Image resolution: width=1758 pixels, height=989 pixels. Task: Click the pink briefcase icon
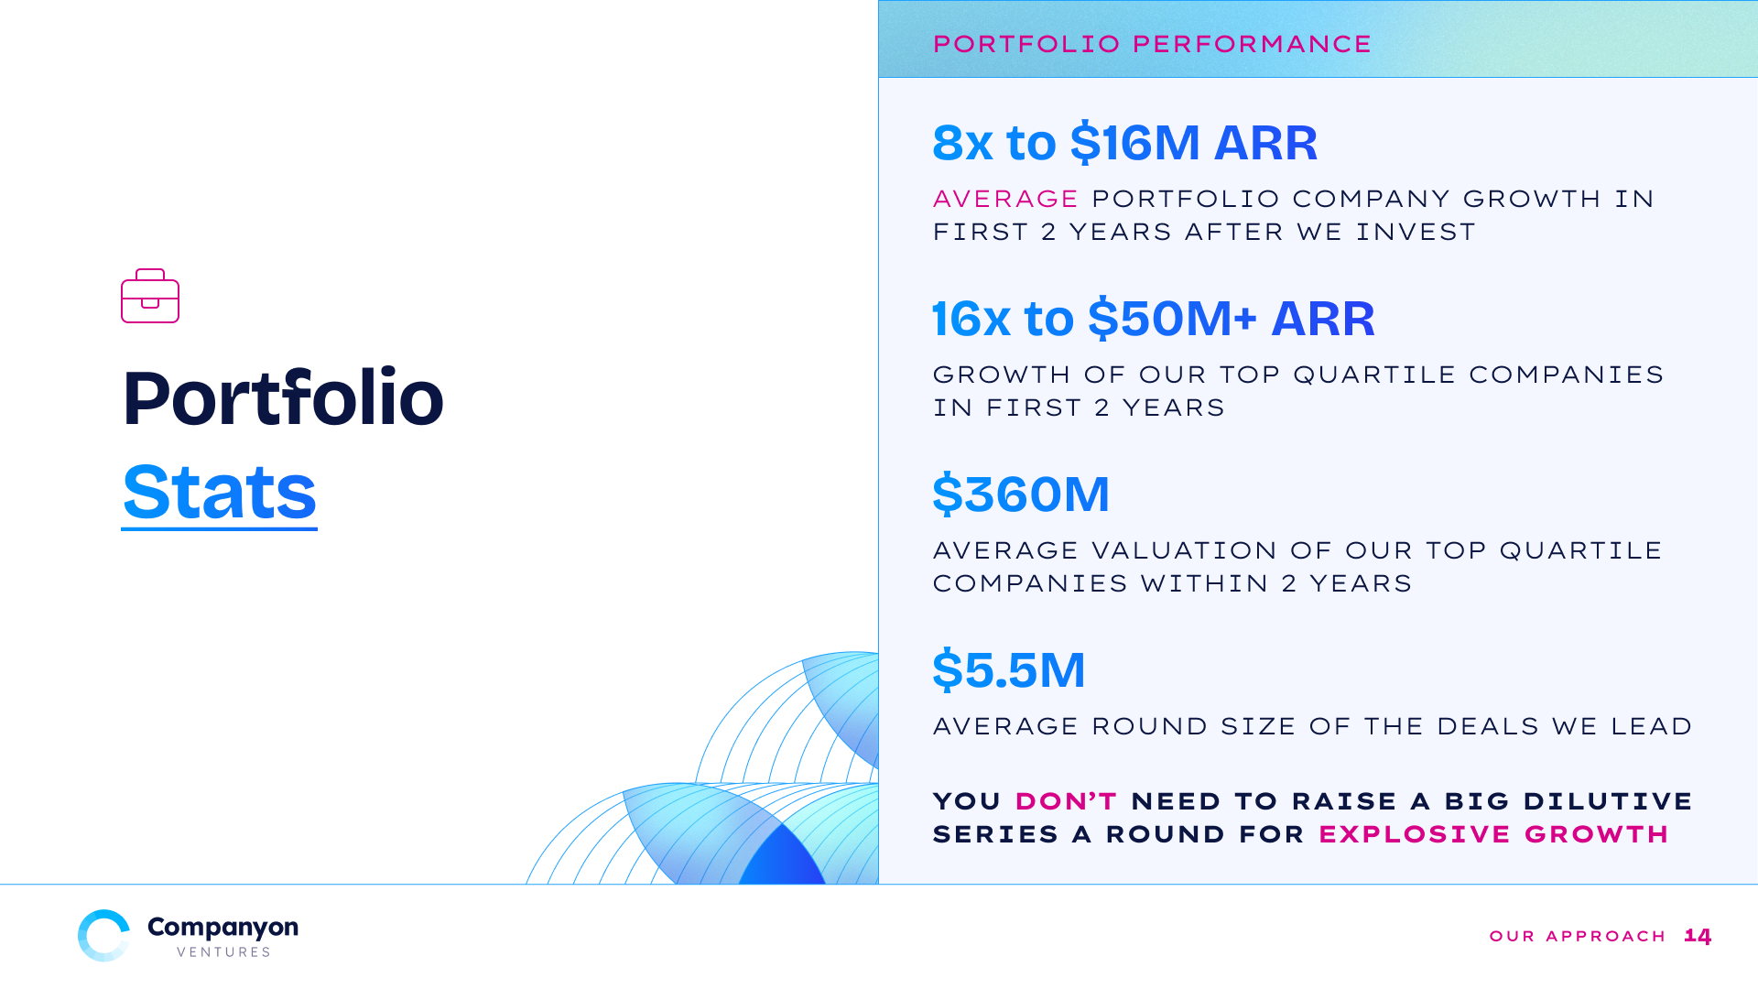150,296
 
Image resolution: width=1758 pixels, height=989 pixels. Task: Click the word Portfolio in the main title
283,397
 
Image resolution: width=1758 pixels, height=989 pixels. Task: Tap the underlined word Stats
220,493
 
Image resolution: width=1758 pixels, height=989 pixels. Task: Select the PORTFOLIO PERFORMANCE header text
1152,44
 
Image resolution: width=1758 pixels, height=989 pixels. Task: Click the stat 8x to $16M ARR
1125,143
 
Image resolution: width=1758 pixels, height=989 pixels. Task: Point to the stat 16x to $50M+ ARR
1154,319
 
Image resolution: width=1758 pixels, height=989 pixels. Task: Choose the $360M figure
1021,494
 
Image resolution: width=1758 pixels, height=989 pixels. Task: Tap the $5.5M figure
1009,670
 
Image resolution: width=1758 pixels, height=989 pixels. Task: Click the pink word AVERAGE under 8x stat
1005,199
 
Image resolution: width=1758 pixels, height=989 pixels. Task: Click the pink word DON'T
1066,801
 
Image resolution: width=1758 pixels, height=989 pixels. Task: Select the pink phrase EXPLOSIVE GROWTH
1493,834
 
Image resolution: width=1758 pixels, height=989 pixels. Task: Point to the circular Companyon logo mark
103,935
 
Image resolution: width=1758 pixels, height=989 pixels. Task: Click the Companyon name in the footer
222,928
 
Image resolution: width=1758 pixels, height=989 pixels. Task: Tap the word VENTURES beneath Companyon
223,952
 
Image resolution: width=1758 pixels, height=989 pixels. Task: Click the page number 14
1698,936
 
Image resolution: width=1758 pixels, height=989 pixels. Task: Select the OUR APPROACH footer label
1578,936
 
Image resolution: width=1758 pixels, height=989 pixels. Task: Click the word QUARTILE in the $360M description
1580,550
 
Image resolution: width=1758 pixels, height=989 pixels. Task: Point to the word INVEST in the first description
1416,232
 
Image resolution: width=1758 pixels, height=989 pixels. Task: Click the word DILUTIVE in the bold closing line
1608,801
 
